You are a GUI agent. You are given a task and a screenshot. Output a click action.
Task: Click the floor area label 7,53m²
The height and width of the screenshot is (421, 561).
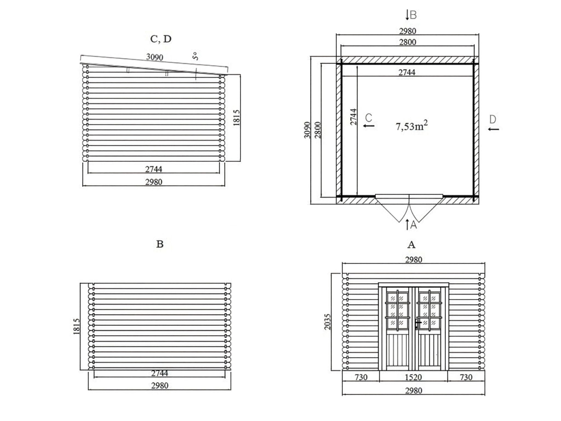point(411,126)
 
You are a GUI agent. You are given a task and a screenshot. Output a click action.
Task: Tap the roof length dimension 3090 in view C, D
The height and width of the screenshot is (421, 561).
point(154,57)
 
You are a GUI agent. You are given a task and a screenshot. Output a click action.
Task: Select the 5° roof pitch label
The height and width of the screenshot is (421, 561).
point(195,56)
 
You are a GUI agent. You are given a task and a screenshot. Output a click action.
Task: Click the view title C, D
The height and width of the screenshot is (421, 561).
point(161,39)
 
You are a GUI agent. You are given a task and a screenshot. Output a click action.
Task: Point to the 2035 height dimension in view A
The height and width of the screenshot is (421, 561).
point(328,322)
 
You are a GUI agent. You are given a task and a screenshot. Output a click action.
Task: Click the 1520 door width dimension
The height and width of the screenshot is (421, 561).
point(413,377)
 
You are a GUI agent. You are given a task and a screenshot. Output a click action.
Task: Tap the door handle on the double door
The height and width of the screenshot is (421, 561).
point(417,324)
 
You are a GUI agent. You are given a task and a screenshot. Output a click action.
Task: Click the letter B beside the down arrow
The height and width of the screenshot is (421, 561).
point(413,15)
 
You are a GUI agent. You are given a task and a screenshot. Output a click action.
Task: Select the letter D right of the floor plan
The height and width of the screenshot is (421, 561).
point(493,120)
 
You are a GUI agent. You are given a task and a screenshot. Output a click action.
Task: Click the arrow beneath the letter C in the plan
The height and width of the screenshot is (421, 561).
point(369,126)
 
